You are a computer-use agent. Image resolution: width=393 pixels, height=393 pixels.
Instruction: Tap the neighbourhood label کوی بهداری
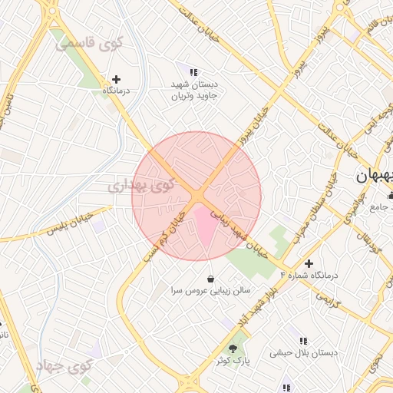[141, 185]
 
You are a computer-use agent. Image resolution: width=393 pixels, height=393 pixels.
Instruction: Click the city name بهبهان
[375, 176]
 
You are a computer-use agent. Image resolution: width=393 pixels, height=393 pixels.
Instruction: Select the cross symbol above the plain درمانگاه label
[116, 78]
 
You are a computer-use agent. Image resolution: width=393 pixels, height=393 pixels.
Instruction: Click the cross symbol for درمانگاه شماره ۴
[309, 263]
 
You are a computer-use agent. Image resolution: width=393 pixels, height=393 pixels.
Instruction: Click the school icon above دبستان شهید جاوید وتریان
[193, 72]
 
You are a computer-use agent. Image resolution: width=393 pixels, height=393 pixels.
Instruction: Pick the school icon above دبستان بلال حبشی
[303, 340]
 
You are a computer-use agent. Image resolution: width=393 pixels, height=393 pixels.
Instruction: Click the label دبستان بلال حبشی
[303, 353]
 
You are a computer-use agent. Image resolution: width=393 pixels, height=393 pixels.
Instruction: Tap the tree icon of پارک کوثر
[233, 348]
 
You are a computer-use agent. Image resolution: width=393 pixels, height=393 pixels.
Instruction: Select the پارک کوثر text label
[233, 360]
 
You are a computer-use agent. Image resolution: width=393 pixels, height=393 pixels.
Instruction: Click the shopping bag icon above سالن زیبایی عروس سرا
[210, 278]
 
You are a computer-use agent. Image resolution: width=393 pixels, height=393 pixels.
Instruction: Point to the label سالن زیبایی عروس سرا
[210, 291]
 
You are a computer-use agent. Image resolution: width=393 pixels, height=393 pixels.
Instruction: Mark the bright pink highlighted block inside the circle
[203, 227]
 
